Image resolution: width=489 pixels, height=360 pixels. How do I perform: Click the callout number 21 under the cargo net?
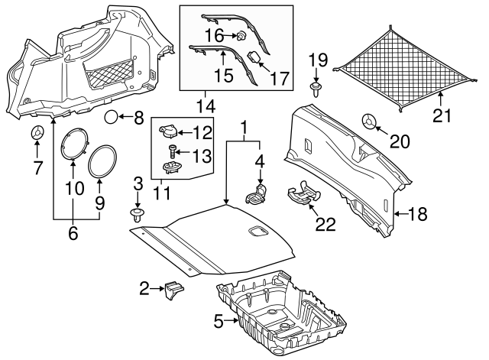[x=442, y=115]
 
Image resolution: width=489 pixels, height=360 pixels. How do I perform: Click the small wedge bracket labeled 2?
[x=172, y=290]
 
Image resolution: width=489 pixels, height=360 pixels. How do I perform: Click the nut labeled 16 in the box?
[x=240, y=34]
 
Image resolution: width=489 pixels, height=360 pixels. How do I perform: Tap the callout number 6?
[x=73, y=234]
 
